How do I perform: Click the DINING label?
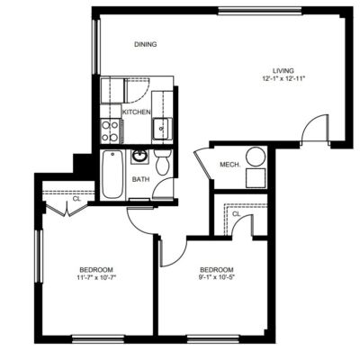(x=146, y=44)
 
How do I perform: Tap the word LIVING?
(x=283, y=71)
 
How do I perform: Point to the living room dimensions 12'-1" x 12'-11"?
(x=283, y=79)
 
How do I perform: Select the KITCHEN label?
(x=137, y=112)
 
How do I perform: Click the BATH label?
(x=141, y=179)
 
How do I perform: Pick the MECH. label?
(x=230, y=165)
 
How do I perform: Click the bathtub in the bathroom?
(x=112, y=174)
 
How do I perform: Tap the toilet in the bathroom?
(x=163, y=162)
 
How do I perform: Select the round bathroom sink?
(x=139, y=157)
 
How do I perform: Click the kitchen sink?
(x=162, y=129)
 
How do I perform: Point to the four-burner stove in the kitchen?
(x=110, y=130)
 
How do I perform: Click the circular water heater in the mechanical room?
(x=256, y=157)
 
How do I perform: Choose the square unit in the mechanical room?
(x=256, y=178)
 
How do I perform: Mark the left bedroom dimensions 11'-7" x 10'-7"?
(x=96, y=277)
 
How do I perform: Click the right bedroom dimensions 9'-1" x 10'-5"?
(x=217, y=277)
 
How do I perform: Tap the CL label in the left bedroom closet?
(x=76, y=199)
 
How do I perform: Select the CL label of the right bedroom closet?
(x=237, y=214)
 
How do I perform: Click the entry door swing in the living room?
(x=314, y=128)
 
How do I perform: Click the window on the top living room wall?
(x=260, y=11)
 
